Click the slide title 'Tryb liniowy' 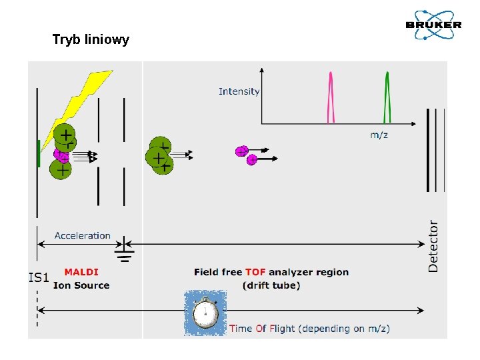pyautogui.click(x=91, y=40)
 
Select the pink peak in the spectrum pyautogui.click(x=330, y=99)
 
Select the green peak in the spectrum pyautogui.click(x=387, y=99)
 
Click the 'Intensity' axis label pyautogui.click(x=239, y=91)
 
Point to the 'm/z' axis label pyautogui.click(x=379, y=135)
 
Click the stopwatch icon pyautogui.click(x=205, y=313)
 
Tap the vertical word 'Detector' pyautogui.click(x=433, y=245)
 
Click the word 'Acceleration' pyautogui.click(x=83, y=235)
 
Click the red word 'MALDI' pyautogui.click(x=81, y=272)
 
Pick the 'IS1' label pyautogui.click(x=39, y=277)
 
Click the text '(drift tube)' pyautogui.click(x=271, y=285)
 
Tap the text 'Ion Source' pyautogui.click(x=81, y=285)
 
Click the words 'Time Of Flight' pyautogui.click(x=263, y=328)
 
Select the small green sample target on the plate pyautogui.click(x=39, y=153)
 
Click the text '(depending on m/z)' pyautogui.click(x=344, y=328)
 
